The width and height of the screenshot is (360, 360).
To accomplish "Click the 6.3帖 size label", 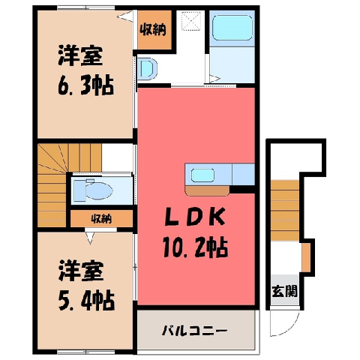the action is pyautogui.click(x=85, y=86).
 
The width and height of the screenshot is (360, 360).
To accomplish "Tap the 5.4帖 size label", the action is pyautogui.click(x=86, y=301).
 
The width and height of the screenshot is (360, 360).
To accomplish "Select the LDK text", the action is pyautogui.click(x=194, y=217).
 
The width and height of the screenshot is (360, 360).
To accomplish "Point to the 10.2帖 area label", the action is pyautogui.click(x=195, y=247).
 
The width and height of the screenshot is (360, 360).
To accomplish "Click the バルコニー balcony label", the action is pyautogui.click(x=194, y=331).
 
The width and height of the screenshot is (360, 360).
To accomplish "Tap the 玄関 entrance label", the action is pyautogui.click(x=284, y=291).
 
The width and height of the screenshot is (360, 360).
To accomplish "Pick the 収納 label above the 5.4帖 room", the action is pyautogui.click(x=101, y=219).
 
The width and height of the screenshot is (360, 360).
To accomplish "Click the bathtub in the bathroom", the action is pyautogui.click(x=232, y=28).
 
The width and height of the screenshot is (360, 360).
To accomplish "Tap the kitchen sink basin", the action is pyautogui.click(x=202, y=175).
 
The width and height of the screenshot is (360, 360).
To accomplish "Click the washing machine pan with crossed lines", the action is pyautogui.click(x=191, y=21).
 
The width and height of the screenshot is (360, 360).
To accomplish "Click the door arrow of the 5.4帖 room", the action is pyautogui.click(x=90, y=238).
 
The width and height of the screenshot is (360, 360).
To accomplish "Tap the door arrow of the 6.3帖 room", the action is pyautogui.click(x=125, y=16).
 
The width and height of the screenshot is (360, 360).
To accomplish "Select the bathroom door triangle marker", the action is pyautogui.click(x=214, y=79).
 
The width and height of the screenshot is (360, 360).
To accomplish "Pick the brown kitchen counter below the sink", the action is pyautogui.click(x=207, y=190).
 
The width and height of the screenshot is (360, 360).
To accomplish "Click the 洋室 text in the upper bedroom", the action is pyautogui.click(x=80, y=55).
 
